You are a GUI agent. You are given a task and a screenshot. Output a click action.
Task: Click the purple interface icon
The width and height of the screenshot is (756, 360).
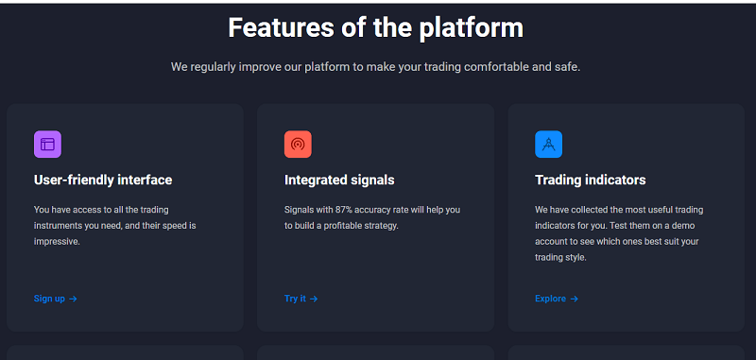[47, 145]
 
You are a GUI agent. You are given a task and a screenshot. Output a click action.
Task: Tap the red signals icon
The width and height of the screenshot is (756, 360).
[298, 145]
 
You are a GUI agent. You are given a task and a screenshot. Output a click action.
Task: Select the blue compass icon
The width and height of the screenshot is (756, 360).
[548, 145]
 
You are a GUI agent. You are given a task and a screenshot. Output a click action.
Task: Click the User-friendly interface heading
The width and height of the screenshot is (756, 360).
[103, 180]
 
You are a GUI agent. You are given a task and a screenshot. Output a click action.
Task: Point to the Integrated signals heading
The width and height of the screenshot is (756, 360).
[339, 180]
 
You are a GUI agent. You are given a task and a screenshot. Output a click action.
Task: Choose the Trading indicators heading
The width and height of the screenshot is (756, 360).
[591, 180]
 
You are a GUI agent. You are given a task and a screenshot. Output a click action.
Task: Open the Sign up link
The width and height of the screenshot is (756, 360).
[49, 299]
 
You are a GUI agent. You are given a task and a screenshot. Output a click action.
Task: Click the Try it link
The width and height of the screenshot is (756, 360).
[295, 299]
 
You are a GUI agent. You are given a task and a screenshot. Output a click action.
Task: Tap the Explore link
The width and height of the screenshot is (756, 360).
[550, 299]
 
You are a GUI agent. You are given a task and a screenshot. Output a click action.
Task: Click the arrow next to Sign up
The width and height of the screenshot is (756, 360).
[73, 299]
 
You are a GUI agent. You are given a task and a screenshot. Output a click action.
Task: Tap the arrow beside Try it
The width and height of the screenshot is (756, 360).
[314, 299]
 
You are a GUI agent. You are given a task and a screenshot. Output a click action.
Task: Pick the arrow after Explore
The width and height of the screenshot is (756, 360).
[574, 299]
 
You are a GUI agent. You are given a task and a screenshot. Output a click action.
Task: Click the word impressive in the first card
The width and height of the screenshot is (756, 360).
[57, 242]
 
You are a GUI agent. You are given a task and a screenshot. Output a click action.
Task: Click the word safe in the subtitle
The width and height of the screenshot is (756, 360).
[567, 67]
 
